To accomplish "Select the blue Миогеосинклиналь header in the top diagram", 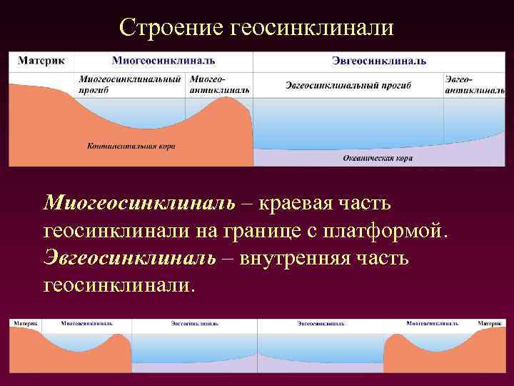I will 163,61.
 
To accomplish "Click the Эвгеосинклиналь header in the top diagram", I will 379,61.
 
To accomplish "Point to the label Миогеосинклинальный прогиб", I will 129,85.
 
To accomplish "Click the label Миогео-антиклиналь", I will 219,85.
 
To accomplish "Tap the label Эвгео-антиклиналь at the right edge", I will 474,85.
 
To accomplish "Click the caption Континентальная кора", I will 131,146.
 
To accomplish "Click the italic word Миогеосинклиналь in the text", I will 139,204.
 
